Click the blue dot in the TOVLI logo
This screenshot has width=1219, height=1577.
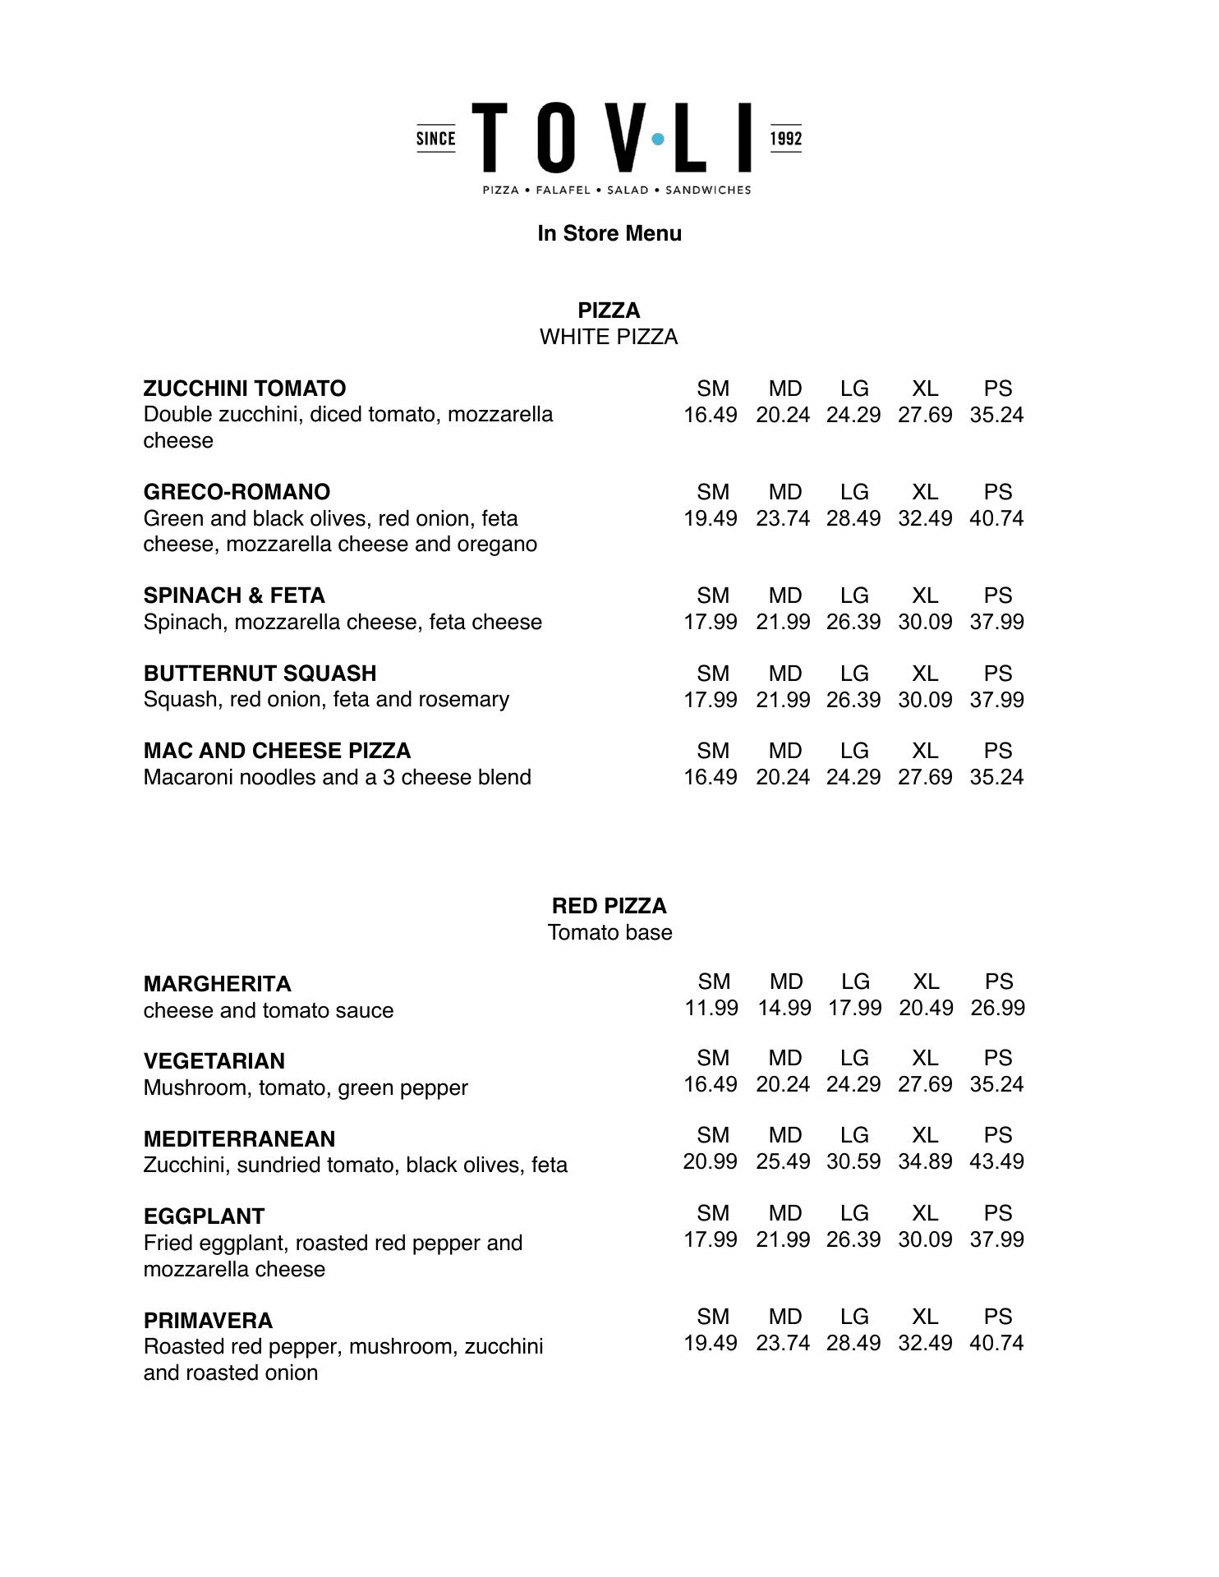[x=658, y=140]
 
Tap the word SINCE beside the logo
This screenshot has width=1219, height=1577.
[x=435, y=139]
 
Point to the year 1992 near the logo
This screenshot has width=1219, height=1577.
[x=785, y=139]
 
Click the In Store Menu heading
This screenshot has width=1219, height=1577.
[x=609, y=233]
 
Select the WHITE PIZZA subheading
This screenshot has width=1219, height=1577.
[x=609, y=338]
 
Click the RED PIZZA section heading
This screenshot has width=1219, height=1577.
[x=609, y=906]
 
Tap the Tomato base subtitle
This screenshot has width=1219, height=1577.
[x=609, y=933]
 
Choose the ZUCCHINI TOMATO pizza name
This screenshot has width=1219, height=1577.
[x=245, y=389]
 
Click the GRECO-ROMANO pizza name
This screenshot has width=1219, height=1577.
[x=237, y=492]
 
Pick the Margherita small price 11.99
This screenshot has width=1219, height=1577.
[x=711, y=1008]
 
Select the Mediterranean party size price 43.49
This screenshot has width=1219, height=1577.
[x=996, y=1161]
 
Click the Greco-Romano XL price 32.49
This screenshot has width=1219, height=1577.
[x=925, y=518]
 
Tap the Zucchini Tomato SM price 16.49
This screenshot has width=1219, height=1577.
[x=711, y=415]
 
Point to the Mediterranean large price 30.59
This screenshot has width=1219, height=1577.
[x=853, y=1161]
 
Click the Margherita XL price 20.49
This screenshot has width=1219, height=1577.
[x=926, y=1008]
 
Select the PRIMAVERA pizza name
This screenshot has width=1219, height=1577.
[x=208, y=1321]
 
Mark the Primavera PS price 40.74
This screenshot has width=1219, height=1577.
[x=996, y=1343]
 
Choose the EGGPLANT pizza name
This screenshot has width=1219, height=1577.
[x=204, y=1216]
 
